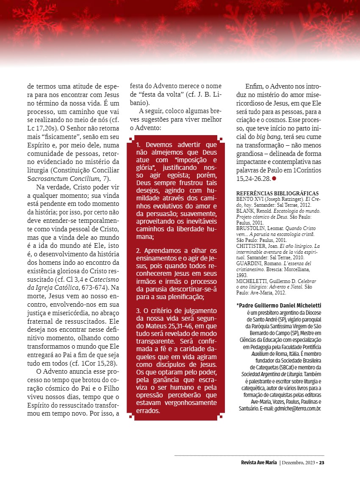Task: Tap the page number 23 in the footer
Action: (x=322, y=463)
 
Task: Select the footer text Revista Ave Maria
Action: (x=255, y=463)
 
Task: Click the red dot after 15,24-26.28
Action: (x=274, y=179)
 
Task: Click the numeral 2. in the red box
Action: (x=139, y=251)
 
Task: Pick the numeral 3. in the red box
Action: (x=139, y=311)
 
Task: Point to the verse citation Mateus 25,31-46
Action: (x=163, y=326)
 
